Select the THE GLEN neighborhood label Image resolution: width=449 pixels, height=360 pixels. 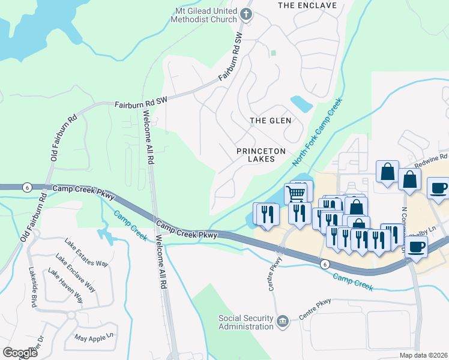[x=270, y=121]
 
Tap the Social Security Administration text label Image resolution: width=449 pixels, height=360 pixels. [x=246, y=322]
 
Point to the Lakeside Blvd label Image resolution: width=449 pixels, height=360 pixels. [x=32, y=287]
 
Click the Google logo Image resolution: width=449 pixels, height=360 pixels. [x=20, y=352]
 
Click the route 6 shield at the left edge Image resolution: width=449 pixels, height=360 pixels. [x=26, y=187]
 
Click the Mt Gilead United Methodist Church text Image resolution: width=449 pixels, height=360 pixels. [x=206, y=15]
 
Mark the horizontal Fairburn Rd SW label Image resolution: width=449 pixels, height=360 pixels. [x=140, y=104]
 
